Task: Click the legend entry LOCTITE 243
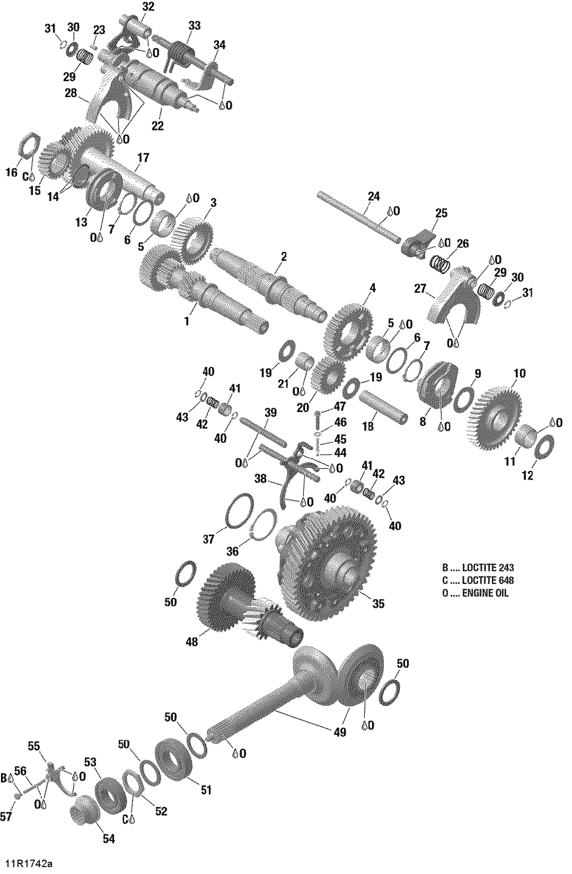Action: (478, 567)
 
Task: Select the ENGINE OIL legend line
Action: (475, 593)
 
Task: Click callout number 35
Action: (378, 604)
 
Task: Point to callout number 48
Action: (191, 642)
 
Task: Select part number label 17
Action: (143, 157)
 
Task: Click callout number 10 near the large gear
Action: (519, 373)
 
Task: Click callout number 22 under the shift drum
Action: (157, 126)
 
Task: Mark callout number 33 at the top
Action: (194, 26)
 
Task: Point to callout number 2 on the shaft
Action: (283, 256)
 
